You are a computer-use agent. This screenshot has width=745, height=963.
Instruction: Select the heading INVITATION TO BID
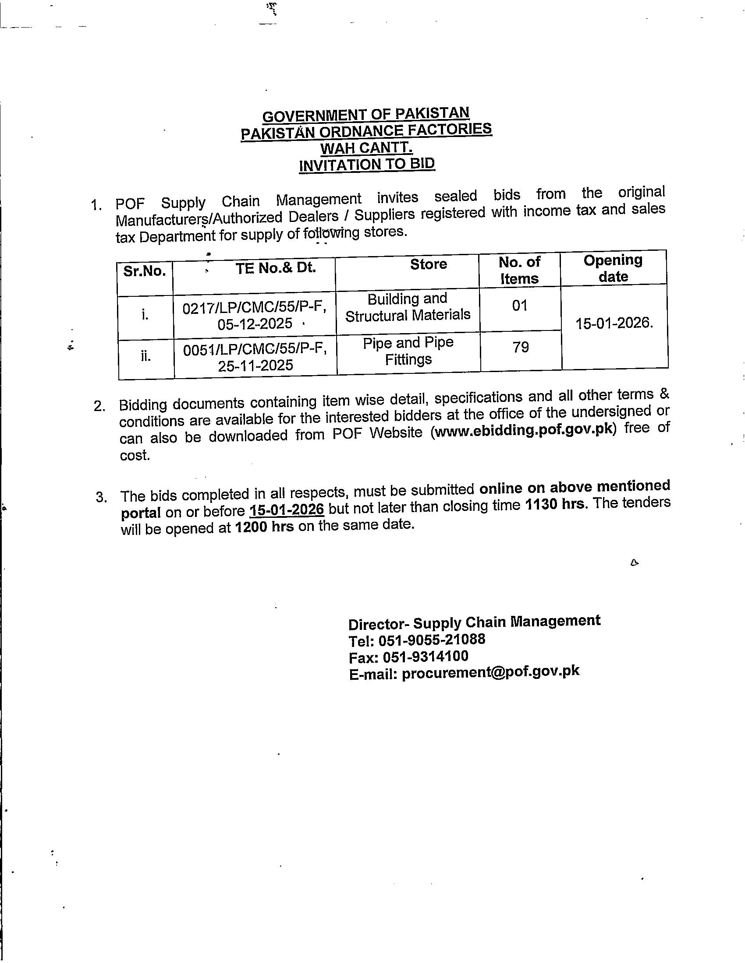367,165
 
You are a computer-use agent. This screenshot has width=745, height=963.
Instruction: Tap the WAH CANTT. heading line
366,148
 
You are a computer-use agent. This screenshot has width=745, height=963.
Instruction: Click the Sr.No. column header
145,272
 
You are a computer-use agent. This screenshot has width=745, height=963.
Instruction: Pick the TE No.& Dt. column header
276,267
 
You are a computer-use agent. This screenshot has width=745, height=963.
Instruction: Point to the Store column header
428,264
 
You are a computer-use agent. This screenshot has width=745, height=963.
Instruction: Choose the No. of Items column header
519,270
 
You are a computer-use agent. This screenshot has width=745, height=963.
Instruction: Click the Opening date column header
613,268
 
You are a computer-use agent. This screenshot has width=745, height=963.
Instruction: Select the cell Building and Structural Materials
408,307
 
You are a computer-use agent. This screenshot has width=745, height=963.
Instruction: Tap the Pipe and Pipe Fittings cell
408,351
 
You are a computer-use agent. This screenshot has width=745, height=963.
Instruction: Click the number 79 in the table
521,347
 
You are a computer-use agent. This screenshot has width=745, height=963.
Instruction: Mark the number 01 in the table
520,305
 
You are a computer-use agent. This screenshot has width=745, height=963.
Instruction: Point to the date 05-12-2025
255,324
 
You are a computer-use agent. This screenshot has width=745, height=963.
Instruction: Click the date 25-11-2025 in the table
255,366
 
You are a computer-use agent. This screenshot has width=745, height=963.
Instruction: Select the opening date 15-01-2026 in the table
614,323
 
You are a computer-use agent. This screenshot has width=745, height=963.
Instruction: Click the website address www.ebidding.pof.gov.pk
523,430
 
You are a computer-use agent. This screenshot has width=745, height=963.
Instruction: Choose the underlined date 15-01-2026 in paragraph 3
287,510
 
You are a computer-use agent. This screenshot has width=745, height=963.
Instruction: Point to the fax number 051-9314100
426,657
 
